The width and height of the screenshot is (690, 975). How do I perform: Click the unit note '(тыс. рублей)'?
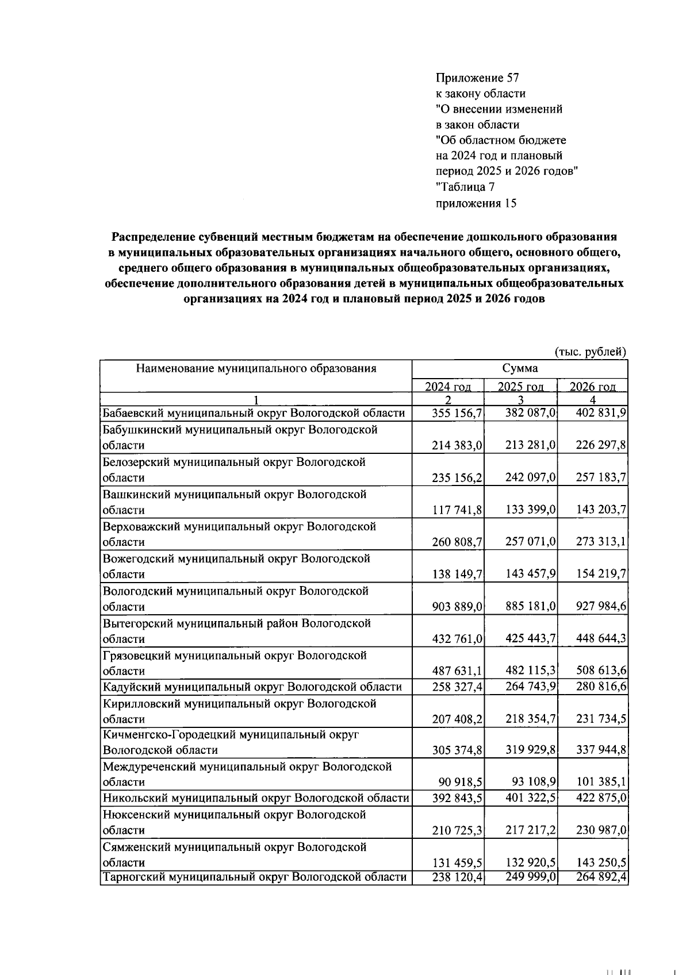pyautogui.click(x=590, y=351)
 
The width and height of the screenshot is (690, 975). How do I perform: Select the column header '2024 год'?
pyautogui.click(x=448, y=386)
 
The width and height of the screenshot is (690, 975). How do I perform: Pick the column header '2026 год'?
pyautogui.click(x=592, y=386)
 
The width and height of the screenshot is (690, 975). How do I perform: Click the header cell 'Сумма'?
pyautogui.click(x=520, y=368)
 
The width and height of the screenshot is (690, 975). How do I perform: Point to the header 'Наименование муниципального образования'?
pyautogui.click(x=256, y=368)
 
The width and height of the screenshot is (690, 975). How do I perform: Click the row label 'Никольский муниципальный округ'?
pyautogui.click(x=256, y=798)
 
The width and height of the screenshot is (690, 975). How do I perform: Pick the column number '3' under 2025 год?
pyautogui.click(x=520, y=400)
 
